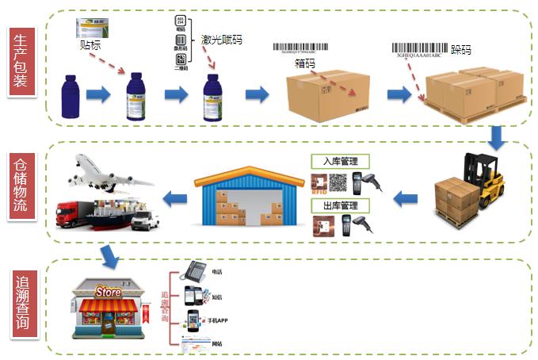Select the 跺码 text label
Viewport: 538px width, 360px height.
click(x=460, y=49)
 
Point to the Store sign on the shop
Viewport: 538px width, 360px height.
click(x=108, y=293)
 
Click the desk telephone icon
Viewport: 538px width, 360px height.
click(x=194, y=271)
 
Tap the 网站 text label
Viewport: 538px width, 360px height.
click(x=219, y=343)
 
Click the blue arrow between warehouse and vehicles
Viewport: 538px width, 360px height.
click(x=174, y=197)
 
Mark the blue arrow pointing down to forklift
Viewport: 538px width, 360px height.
click(x=498, y=138)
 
